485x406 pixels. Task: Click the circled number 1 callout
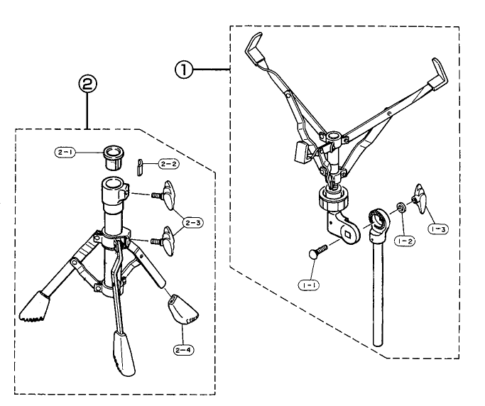point(184,70)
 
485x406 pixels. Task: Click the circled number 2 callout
point(87,84)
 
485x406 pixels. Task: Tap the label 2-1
point(65,152)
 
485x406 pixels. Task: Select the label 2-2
point(169,164)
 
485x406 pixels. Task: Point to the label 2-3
point(193,223)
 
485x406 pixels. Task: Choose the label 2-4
point(184,350)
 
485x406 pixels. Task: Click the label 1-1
point(309,285)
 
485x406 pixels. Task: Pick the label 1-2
point(405,241)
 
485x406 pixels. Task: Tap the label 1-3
point(438,229)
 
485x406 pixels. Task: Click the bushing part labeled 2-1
point(114,158)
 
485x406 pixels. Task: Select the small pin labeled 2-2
point(139,167)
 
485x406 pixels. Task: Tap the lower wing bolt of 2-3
point(165,241)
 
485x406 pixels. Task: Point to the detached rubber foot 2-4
point(183,310)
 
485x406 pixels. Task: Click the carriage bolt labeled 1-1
point(317,251)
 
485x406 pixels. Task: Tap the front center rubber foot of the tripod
point(124,353)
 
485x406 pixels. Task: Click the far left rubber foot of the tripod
point(35,307)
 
